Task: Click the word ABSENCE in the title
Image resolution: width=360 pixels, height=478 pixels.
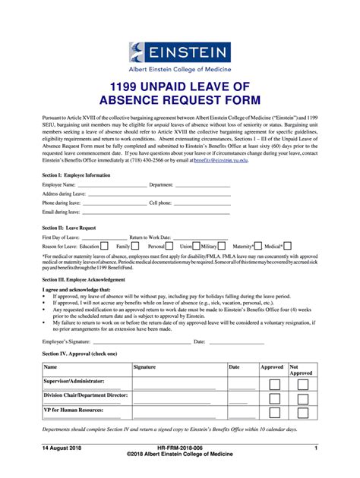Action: [x=143, y=100]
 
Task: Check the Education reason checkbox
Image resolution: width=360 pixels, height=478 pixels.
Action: [x=107, y=246]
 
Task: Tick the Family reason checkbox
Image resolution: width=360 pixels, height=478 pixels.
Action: [x=135, y=246]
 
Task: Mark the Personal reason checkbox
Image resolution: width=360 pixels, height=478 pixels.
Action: [x=171, y=246]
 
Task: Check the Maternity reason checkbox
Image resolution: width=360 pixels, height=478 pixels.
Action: [x=258, y=246]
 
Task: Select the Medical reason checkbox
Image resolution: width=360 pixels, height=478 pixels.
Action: [x=289, y=246]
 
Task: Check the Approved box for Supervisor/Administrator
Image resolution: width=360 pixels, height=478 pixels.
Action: [x=274, y=385]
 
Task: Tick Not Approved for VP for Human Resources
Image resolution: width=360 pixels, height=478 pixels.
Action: [x=302, y=414]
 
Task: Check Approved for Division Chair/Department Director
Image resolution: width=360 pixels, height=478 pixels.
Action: [x=274, y=399]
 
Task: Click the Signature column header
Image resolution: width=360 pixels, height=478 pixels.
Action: [x=144, y=367]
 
